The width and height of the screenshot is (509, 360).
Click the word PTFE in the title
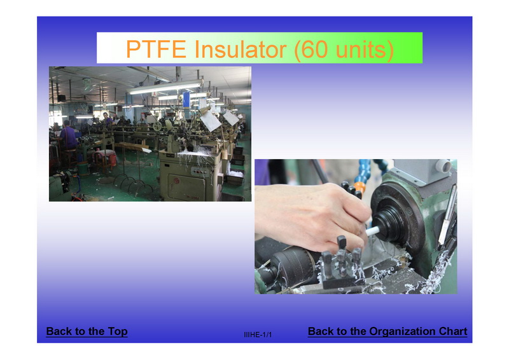(156, 49)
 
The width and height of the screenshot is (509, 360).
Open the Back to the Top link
(87, 331)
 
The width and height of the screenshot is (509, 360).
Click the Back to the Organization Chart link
(387, 331)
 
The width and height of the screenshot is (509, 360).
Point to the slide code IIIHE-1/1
(258, 335)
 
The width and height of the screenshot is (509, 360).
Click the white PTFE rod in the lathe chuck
(372, 231)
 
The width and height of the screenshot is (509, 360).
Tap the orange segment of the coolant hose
(359, 187)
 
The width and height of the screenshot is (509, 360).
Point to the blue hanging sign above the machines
(186, 99)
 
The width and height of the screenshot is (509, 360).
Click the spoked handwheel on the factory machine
(158, 127)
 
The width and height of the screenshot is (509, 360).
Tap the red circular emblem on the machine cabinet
(176, 181)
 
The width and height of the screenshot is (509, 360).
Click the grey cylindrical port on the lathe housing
(442, 166)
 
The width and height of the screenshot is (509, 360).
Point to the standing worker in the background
(107, 119)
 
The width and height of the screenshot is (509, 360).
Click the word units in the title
(360, 50)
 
